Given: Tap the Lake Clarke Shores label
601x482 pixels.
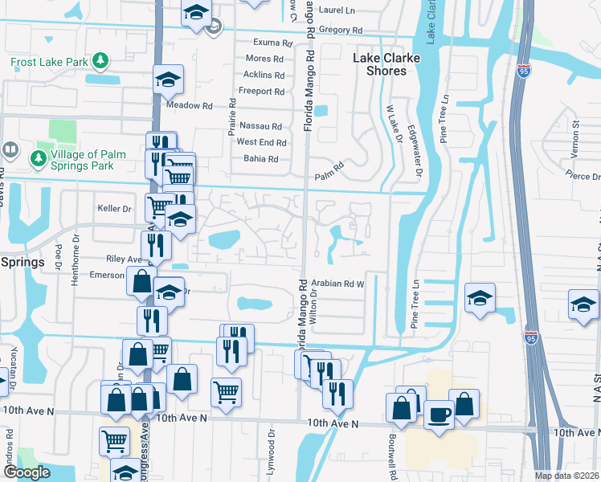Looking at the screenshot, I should [381, 64].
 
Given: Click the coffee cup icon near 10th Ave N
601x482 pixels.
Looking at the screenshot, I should [438, 415].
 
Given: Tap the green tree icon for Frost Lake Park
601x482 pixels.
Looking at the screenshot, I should [100, 60].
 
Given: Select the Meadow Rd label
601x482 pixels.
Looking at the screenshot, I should [189, 105].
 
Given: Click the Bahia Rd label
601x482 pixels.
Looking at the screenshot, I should [260, 159].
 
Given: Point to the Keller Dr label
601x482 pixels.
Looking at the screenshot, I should [114, 209].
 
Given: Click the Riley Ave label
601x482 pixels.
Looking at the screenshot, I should [123, 259].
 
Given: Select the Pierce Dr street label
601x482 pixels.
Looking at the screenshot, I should [582, 176].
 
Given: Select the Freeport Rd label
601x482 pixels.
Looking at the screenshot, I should [261, 92].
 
